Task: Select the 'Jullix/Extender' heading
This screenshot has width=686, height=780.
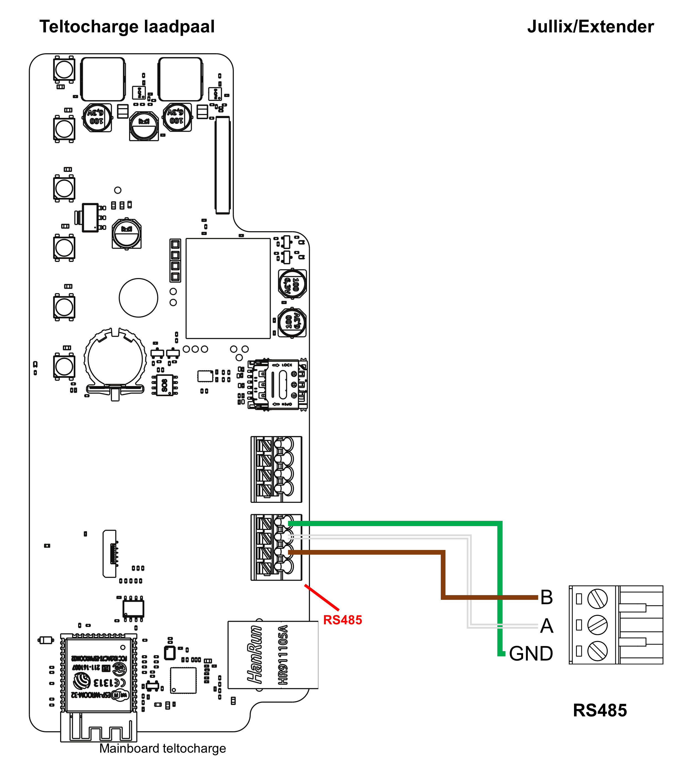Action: point(590,27)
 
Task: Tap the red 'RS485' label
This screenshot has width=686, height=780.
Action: point(342,620)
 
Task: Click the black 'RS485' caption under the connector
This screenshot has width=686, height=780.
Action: point(599,710)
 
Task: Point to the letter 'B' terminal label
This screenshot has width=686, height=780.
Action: point(546,598)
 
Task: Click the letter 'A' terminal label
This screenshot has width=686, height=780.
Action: point(546,626)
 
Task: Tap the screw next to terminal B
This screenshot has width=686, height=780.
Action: point(597,599)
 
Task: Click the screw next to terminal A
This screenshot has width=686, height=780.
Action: point(597,625)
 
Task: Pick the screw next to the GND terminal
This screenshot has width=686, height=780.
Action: point(597,651)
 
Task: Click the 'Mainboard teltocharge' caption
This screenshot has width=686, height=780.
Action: point(163,749)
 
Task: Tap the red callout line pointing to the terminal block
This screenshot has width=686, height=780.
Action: point(322,598)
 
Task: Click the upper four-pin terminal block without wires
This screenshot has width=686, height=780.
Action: point(276,469)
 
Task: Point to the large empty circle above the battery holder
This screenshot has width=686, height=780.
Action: point(138,298)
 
